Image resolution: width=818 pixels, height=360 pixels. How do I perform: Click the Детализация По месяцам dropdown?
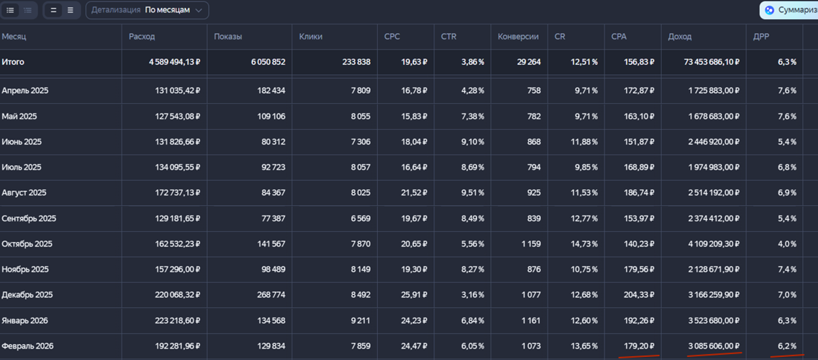(147, 10)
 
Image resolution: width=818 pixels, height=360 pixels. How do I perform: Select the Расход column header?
(142, 37)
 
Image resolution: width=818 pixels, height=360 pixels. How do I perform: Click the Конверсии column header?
(518, 37)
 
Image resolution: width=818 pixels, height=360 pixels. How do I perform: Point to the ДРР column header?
(761, 37)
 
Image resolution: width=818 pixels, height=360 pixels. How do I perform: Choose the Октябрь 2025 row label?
(27, 244)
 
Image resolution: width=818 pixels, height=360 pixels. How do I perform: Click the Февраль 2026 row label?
(28, 346)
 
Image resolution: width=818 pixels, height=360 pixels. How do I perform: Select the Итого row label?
(13, 62)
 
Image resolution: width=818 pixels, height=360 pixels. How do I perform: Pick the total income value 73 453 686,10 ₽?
(711, 62)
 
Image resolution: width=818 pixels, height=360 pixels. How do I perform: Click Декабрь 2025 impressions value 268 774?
(271, 295)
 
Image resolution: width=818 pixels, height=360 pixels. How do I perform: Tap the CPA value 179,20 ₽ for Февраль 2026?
(639, 346)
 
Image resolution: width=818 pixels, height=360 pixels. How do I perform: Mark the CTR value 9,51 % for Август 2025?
(472, 193)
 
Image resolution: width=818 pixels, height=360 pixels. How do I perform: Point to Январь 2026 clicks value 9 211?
(361, 320)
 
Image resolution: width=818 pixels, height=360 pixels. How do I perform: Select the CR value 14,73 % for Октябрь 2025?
(585, 244)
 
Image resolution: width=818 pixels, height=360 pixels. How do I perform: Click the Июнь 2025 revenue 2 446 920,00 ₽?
(714, 142)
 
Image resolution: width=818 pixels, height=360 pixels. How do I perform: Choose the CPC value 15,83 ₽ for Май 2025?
(414, 116)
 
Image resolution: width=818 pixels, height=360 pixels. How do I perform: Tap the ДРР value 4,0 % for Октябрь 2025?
(787, 244)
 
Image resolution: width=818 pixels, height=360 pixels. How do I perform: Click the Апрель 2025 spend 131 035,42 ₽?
(178, 91)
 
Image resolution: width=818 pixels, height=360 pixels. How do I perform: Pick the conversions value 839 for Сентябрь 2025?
(534, 218)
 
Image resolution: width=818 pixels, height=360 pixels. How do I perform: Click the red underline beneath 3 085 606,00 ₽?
(715, 354)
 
